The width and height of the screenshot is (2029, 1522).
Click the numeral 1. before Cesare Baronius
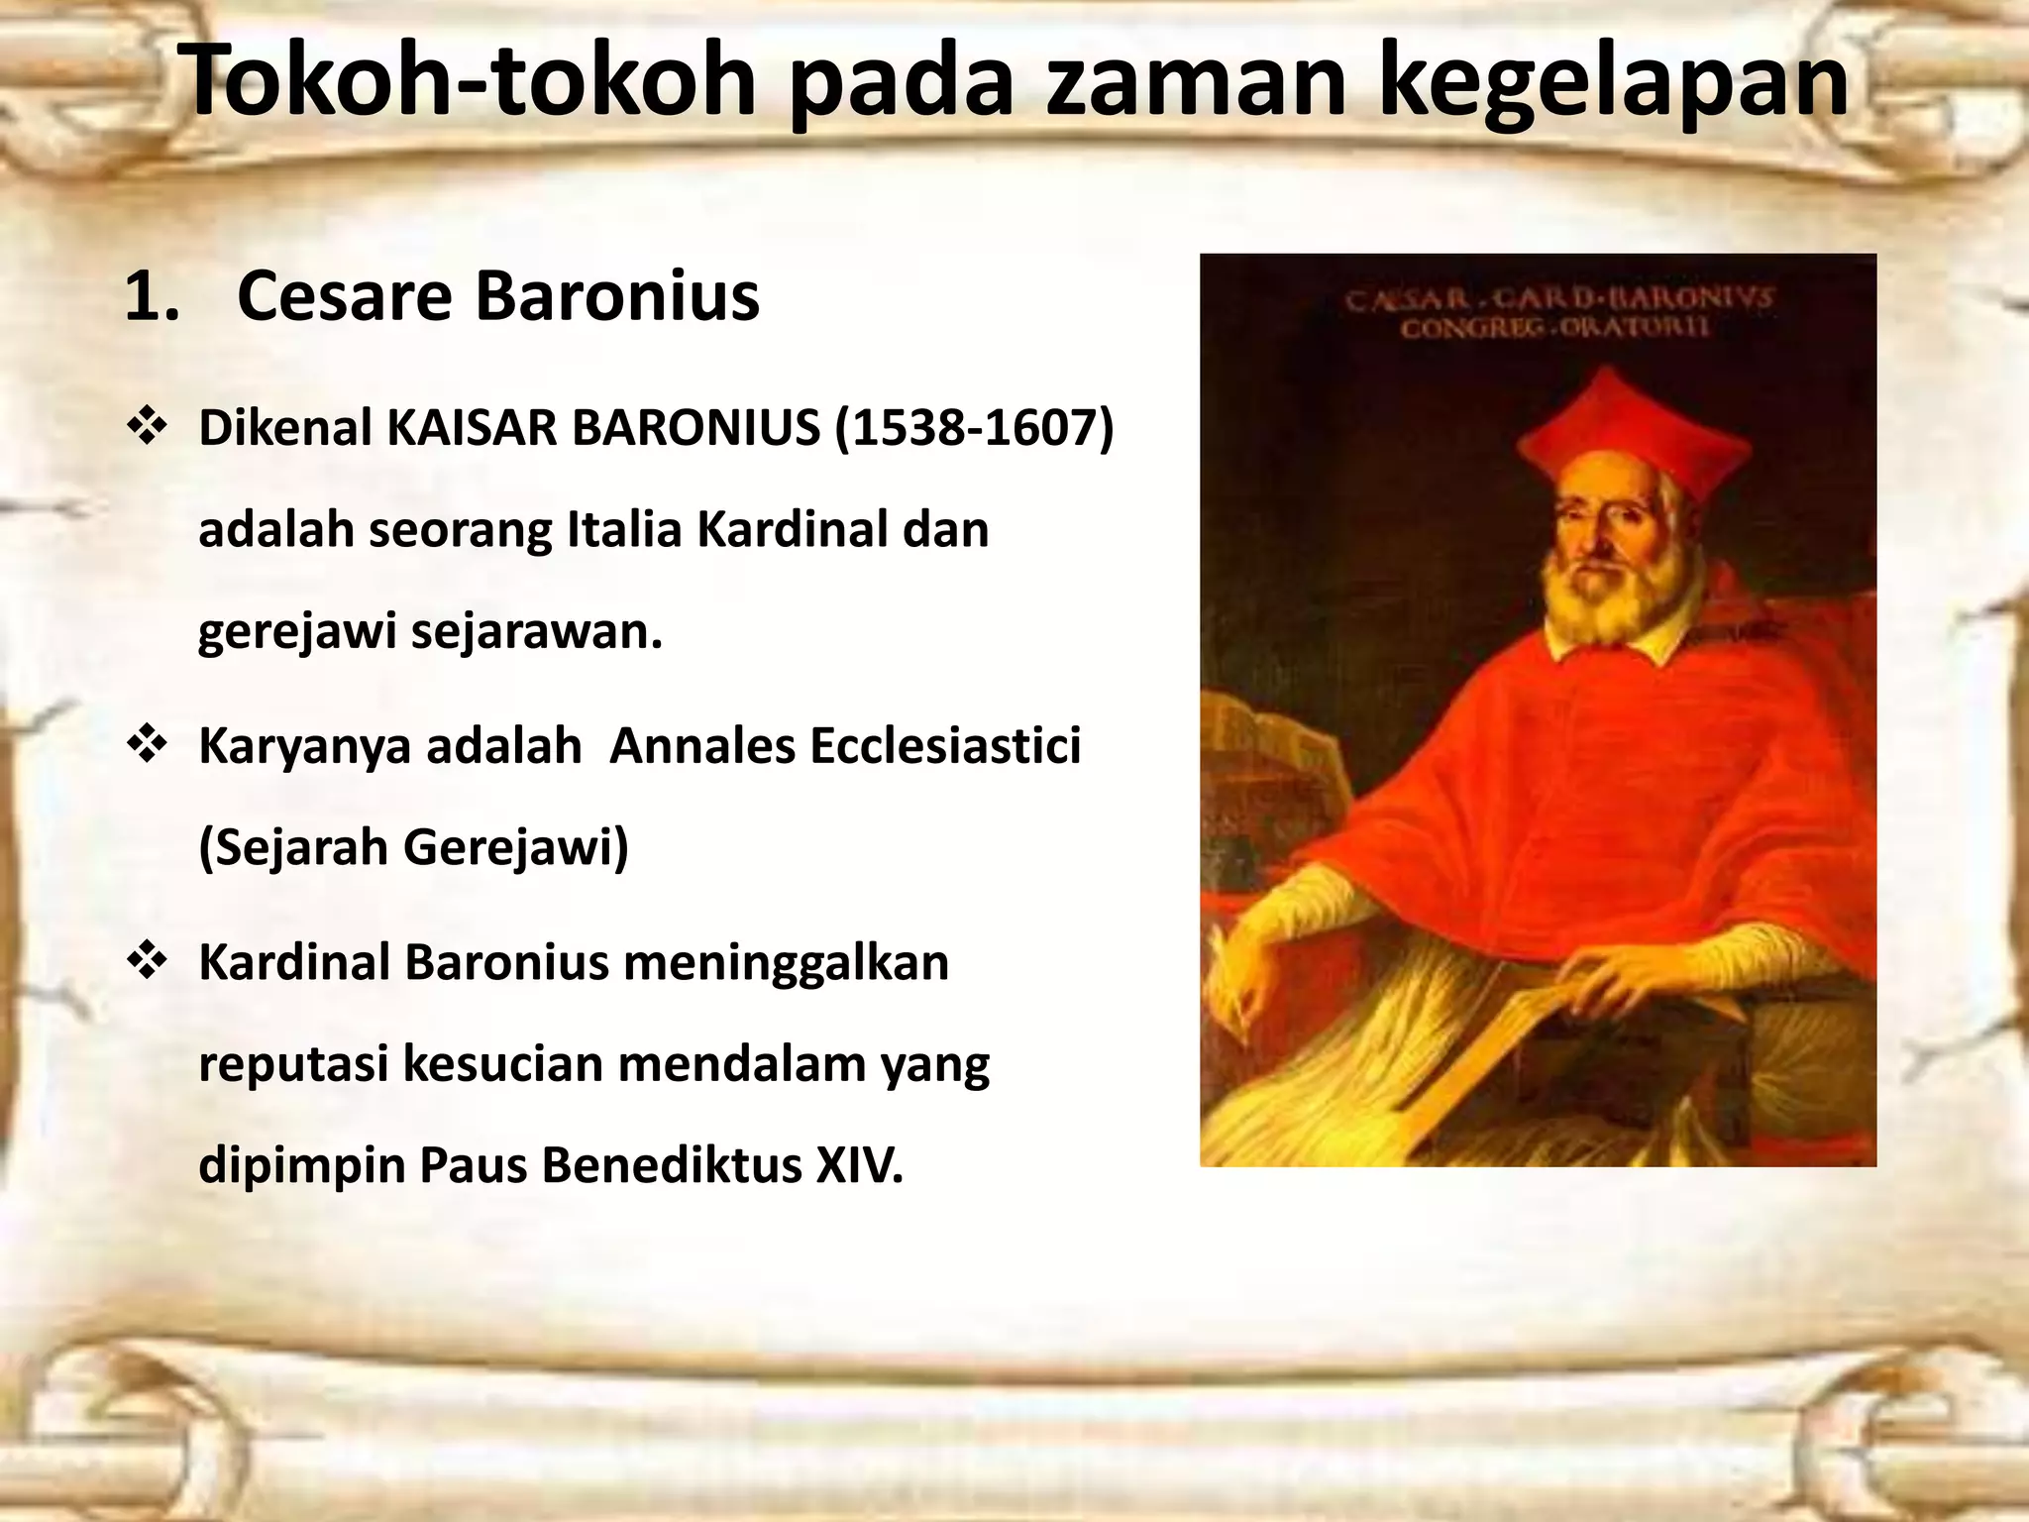pos(154,296)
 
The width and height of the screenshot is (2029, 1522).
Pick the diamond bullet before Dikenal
pos(146,428)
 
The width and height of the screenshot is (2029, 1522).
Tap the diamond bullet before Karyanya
pos(146,745)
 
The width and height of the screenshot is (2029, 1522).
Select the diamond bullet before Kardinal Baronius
pos(146,962)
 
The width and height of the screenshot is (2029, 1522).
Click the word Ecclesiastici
pos(945,746)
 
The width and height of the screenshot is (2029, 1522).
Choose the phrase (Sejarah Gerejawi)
pos(414,847)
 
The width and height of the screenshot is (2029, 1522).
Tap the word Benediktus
pos(671,1165)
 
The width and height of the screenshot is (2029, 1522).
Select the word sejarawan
pos(536,631)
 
